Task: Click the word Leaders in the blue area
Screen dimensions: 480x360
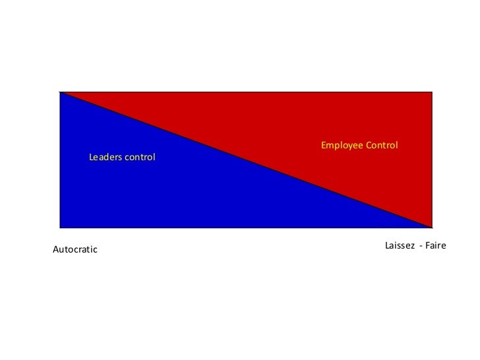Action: point(104,158)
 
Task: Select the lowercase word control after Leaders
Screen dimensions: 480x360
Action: point(138,158)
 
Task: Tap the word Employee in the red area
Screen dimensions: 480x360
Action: point(342,145)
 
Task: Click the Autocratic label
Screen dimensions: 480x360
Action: point(75,249)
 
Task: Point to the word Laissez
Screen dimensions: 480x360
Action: point(400,245)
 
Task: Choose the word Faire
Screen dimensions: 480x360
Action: point(436,245)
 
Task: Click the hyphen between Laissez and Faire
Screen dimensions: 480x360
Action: point(420,246)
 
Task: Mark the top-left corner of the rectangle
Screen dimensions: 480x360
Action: point(59,92)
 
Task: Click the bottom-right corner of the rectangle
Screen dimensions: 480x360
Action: point(433,228)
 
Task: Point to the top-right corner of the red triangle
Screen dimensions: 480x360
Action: point(433,92)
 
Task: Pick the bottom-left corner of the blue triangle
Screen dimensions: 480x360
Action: point(59,228)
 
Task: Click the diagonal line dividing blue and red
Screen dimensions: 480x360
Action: point(246,160)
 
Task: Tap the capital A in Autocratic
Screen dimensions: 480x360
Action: point(55,249)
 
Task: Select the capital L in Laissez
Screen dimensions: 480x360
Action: point(387,245)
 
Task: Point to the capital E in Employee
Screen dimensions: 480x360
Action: point(324,145)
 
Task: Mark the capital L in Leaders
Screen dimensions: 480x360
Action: point(91,158)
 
